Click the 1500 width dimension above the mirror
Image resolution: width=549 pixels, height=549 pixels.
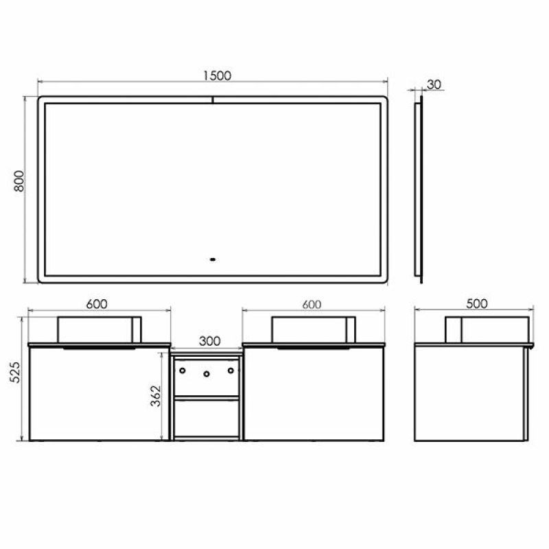click(x=217, y=75)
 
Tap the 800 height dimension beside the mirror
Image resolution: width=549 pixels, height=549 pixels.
click(x=20, y=181)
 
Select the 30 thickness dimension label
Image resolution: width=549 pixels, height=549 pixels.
click(x=434, y=84)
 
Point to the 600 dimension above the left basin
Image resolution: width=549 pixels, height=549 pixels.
click(x=98, y=304)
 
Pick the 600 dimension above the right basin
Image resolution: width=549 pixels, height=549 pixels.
click(x=311, y=304)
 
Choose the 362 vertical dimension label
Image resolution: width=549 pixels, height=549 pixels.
click(x=156, y=398)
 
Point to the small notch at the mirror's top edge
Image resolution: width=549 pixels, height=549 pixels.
click(x=213, y=100)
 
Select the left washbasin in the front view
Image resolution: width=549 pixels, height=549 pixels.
click(x=99, y=329)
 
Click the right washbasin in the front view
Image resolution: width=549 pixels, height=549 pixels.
click(x=314, y=329)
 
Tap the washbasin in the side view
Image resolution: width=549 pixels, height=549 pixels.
click(x=487, y=329)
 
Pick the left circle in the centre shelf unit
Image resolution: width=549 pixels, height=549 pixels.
click(x=183, y=371)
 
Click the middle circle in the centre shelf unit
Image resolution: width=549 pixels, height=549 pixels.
click(x=206, y=374)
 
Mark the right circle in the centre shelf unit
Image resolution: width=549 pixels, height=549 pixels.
click(x=229, y=371)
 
